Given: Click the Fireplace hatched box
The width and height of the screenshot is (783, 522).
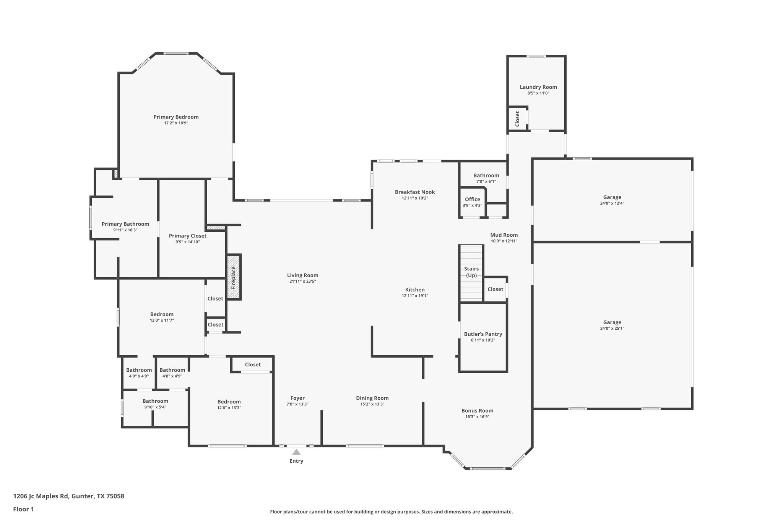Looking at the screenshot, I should (x=234, y=277).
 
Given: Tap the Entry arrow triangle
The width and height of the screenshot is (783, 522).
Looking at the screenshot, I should (x=296, y=452).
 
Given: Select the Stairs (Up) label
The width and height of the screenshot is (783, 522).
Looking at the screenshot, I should (x=471, y=272).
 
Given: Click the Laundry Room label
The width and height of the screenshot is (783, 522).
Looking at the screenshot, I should (x=538, y=87).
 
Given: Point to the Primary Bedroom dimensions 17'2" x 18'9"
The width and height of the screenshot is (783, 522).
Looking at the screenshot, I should (x=176, y=123).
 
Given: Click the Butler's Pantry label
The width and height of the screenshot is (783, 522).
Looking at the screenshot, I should (x=483, y=334).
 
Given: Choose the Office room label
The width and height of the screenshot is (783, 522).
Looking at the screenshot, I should (x=472, y=199).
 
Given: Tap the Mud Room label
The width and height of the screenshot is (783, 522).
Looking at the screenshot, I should (x=504, y=235).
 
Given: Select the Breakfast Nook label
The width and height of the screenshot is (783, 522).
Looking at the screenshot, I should (x=415, y=192).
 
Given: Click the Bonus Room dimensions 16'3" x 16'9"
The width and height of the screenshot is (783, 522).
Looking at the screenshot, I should (x=477, y=417).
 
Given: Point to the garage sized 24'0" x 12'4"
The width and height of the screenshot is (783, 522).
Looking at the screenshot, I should (x=612, y=200).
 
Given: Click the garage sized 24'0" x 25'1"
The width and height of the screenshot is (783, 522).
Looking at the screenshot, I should (x=612, y=325).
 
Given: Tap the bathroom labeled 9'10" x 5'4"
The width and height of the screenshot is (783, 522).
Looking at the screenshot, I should (x=155, y=404).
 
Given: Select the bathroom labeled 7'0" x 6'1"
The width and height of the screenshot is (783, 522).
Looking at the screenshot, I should (x=486, y=178).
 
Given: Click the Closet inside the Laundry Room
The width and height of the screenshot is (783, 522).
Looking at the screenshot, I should (x=517, y=119).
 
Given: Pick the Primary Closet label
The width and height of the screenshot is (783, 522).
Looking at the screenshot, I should (x=187, y=236).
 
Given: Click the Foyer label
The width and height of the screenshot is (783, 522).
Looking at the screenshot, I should (x=297, y=398).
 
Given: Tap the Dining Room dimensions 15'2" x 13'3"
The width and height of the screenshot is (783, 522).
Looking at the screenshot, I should (x=372, y=404).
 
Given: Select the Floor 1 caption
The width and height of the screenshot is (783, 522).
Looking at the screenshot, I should (x=23, y=509).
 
